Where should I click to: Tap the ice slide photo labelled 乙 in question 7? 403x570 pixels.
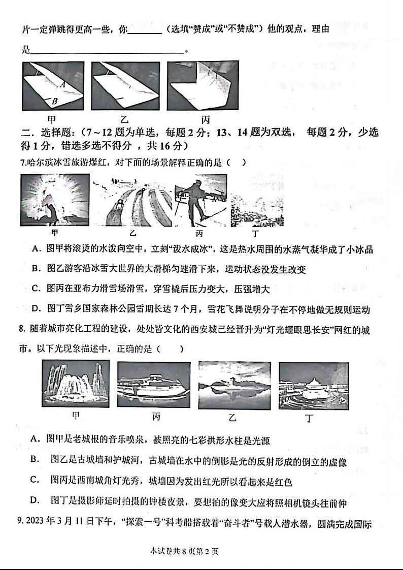(x=132, y=200)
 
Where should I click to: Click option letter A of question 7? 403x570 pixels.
(x=35, y=249)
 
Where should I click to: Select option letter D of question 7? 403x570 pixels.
(x=35, y=309)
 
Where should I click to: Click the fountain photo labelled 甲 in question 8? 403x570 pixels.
(x=76, y=385)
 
